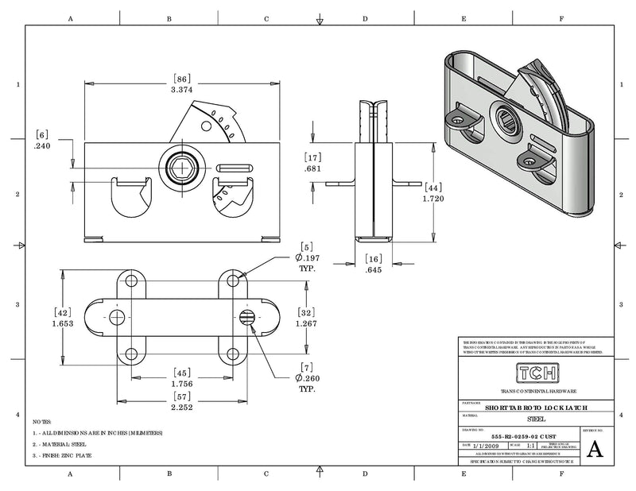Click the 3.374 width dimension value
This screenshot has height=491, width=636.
[182, 91]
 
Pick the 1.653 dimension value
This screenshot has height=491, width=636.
[63, 324]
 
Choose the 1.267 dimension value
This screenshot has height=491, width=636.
[306, 323]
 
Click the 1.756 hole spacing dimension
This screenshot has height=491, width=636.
[183, 384]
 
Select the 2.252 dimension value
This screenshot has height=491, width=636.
[183, 407]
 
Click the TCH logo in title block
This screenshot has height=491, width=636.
[538, 373]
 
